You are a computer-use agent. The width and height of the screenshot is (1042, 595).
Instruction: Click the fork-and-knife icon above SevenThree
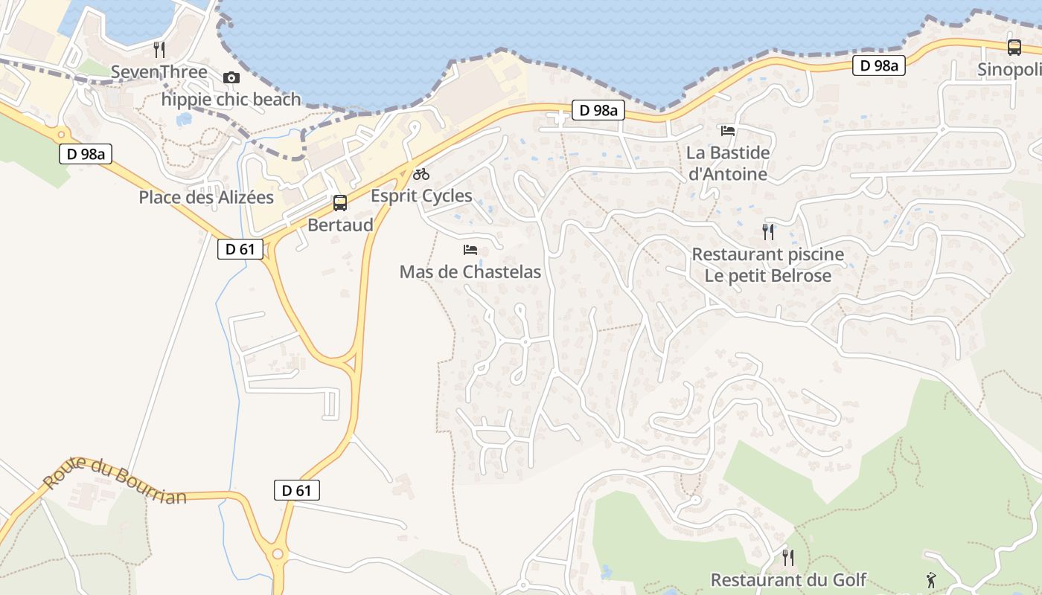[159, 50]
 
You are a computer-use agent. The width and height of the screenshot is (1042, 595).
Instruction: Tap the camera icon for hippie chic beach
[231, 77]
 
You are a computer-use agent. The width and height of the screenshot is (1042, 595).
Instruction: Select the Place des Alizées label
[206, 198]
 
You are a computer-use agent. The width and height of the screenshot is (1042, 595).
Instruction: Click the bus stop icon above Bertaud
[340, 202]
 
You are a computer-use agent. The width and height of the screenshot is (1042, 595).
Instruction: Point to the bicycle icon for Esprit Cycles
[421, 174]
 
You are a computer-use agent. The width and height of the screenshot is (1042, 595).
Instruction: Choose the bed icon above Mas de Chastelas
[470, 250]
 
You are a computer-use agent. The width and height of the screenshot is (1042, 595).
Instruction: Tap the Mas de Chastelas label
[470, 272]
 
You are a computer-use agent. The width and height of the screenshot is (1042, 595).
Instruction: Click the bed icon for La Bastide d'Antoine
[728, 131]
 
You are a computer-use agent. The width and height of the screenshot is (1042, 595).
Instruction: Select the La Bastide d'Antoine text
[728, 164]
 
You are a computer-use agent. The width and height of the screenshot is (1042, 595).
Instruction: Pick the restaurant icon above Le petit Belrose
[768, 232]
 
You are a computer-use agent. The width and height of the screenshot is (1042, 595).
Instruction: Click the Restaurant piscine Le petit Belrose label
[768, 265]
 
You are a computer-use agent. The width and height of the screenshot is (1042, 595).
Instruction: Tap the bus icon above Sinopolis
[1014, 48]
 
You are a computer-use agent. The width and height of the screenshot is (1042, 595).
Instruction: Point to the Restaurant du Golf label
[789, 580]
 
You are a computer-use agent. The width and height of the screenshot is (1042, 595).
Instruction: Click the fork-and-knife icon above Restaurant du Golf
[788, 557]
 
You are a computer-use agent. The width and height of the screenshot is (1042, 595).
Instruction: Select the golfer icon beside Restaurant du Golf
[931, 579]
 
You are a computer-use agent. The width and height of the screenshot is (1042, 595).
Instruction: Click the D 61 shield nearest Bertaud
[240, 249]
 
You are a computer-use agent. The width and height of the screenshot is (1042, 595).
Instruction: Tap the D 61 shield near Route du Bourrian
[297, 490]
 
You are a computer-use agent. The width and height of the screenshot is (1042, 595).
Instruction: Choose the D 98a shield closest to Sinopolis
[879, 65]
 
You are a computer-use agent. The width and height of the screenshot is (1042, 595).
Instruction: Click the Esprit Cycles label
[421, 196]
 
